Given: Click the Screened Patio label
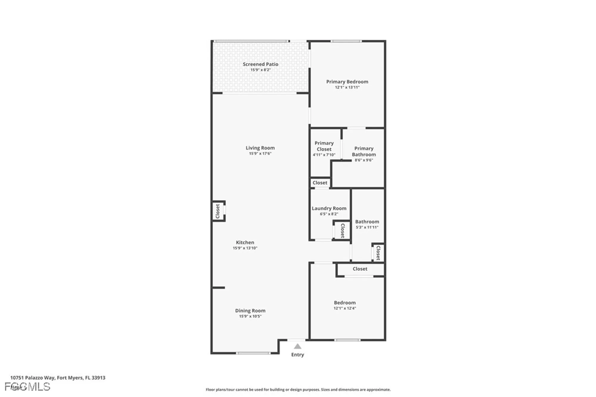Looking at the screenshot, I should [260, 64].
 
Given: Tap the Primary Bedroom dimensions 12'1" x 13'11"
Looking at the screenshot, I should [347, 87].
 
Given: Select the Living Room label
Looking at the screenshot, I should [260, 148].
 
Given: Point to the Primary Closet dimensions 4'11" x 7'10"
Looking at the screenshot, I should [324, 155].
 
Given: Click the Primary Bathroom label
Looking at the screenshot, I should [364, 151].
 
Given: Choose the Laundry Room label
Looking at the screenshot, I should [329, 208].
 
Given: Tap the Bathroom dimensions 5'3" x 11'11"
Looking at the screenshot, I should [367, 227].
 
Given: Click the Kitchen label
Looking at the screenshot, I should [245, 242].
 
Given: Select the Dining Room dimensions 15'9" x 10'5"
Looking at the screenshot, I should [250, 316].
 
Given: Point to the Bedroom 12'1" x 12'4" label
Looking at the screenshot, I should [344, 303].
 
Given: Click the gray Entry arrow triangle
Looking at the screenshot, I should [297, 346].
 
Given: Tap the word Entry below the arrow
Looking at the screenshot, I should [297, 354].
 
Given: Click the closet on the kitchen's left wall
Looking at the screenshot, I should [218, 211].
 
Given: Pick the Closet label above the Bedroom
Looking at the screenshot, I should [360, 269].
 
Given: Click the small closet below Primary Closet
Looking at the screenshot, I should [320, 183].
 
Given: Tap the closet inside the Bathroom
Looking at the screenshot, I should [378, 253].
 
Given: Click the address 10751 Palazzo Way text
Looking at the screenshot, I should [58, 378].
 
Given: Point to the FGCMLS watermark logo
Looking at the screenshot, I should [27, 387].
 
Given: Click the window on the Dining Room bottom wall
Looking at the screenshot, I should [253, 353].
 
